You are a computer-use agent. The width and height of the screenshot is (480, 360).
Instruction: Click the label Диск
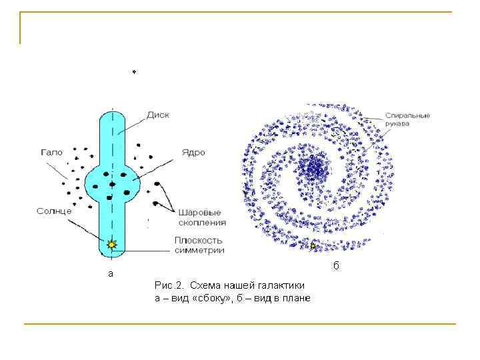[x=159, y=115]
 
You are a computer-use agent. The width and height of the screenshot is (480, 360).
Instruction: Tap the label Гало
[x=51, y=152]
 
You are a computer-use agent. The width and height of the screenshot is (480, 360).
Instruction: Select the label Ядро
[x=193, y=152]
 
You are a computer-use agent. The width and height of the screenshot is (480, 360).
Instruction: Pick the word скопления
[x=201, y=223]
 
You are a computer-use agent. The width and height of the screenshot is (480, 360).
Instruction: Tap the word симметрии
[x=199, y=251]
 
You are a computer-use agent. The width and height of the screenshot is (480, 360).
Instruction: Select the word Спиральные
[x=407, y=115]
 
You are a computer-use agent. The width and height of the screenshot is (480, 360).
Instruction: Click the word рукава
[x=397, y=123]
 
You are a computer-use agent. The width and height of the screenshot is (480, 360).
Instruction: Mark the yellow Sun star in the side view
[x=111, y=245]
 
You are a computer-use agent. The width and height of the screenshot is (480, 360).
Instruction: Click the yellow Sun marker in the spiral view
[x=313, y=245]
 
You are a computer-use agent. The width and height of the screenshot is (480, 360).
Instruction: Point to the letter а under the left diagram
[x=111, y=273]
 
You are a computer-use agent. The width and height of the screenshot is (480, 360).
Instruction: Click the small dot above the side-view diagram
[x=134, y=72]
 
